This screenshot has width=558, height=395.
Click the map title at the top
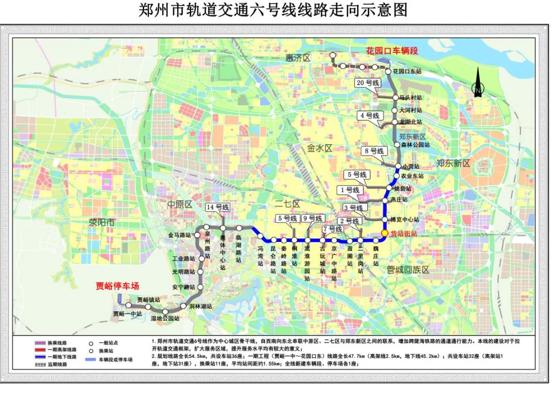click(273, 10)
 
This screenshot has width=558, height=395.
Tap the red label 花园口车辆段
click(391, 50)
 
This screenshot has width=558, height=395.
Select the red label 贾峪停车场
click(118, 286)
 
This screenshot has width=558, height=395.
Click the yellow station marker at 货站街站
click(384, 233)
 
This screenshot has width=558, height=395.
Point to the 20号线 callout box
click(368, 83)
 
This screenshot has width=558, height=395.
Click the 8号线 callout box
click(374, 151)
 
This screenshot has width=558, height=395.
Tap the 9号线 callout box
click(312, 218)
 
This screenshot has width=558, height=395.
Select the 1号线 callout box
click(350, 190)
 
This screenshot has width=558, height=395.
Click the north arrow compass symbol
click(478, 85)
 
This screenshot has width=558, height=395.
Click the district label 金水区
click(319, 148)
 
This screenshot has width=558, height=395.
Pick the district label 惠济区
click(298, 58)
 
